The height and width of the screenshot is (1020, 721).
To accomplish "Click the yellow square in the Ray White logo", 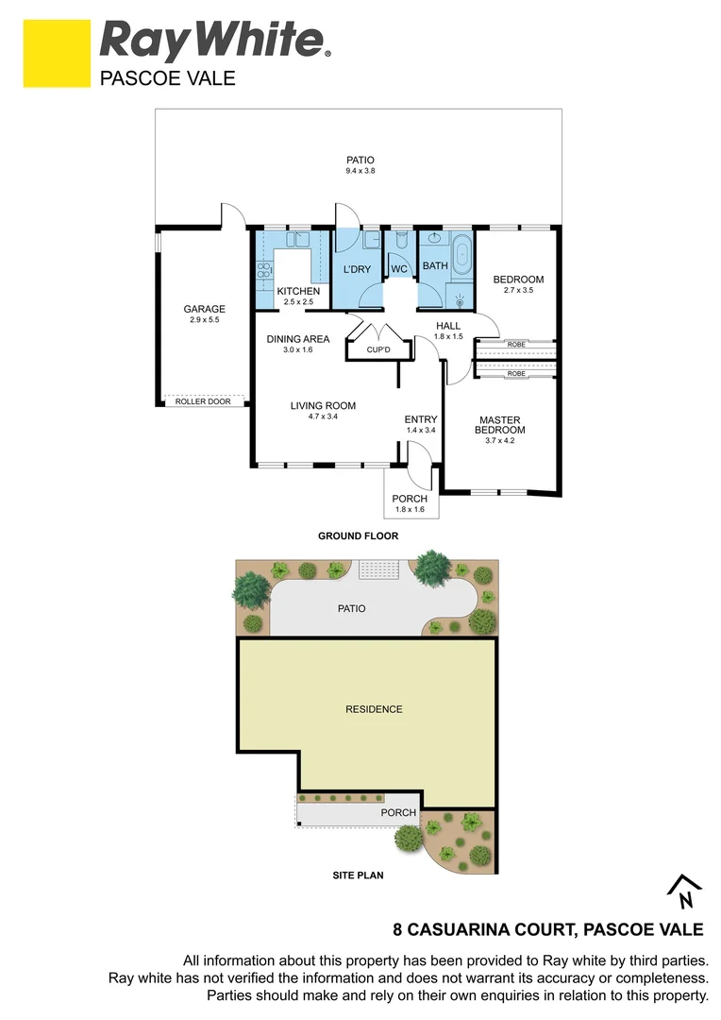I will tap(56, 54).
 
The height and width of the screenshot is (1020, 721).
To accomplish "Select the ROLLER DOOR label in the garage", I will tap(203, 401).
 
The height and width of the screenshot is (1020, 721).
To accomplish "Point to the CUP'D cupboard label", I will tap(379, 350).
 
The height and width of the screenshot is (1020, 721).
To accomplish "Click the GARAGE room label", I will tap(204, 309).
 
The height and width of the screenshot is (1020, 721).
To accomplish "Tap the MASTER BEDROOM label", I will tap(500, 425).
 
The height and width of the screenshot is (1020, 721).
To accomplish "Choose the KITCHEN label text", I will tap(298, 291).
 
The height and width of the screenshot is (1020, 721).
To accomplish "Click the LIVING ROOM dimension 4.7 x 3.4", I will tap(322, 416).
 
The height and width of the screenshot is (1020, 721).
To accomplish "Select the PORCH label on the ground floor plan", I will tap(410, 499).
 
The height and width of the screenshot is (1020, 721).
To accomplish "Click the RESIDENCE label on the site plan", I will tap(374, 709).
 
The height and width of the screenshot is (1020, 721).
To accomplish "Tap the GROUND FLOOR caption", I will tap(358, 535).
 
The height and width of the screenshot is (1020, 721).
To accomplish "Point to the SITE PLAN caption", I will tap(358, 875).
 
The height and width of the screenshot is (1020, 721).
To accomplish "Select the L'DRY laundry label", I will tap(357, 269).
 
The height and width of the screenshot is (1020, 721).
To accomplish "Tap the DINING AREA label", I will tap(297, 339).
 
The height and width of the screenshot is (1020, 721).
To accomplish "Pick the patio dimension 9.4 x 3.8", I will tap(360, 171).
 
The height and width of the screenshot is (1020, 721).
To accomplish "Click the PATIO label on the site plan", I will tap(352, 609).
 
